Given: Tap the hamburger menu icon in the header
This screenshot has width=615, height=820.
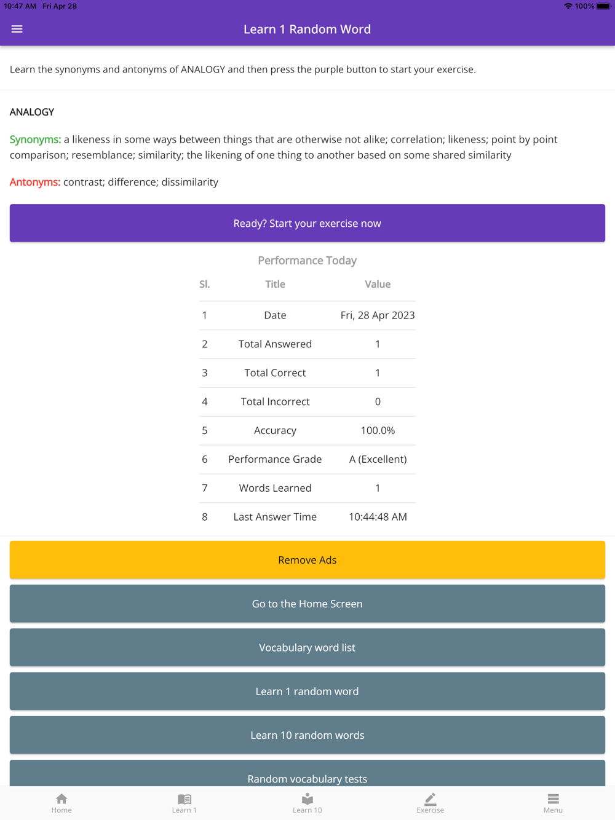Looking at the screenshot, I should pos(17,29).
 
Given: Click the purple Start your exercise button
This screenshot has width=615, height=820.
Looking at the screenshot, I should pos(307,223).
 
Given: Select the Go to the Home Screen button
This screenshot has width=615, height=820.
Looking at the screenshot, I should pos(307,604).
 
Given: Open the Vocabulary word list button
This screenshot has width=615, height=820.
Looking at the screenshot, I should pos(307,647).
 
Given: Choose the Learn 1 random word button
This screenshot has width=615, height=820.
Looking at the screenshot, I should pos(307,691).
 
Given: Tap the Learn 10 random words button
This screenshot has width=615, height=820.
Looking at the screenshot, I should pos(307,735).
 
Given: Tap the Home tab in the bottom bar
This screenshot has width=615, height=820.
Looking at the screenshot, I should pos(61,803).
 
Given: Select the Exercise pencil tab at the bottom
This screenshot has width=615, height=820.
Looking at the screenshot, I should pos(430,803).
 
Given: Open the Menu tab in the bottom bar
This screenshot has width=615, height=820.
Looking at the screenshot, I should pos(553,803).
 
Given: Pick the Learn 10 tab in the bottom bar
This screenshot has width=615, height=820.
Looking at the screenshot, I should pos(307,803).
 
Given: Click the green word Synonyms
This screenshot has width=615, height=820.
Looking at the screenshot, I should pos(35,140).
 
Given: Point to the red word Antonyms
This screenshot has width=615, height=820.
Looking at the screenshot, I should pos(35,182).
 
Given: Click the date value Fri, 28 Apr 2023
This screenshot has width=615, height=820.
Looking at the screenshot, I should pos(378,315).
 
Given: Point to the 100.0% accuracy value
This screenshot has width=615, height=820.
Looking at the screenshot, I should pos(378,430).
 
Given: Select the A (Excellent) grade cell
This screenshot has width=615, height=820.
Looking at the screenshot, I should pos(378,459).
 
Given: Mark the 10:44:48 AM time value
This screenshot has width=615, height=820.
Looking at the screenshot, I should pos(378,517).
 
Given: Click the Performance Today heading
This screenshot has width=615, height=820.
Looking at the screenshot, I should pos(307,261).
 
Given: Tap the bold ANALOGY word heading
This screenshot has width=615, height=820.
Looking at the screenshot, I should pos(32,112).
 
